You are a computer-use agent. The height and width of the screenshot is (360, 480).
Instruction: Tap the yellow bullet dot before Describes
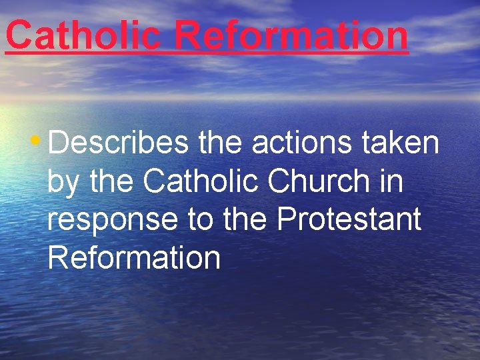35,141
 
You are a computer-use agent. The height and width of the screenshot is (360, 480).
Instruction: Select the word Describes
119,143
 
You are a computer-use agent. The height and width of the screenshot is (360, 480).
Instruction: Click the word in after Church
391,181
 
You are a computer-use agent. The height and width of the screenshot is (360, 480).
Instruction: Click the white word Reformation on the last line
134,258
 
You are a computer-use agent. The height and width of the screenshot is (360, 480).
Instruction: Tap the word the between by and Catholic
113,181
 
